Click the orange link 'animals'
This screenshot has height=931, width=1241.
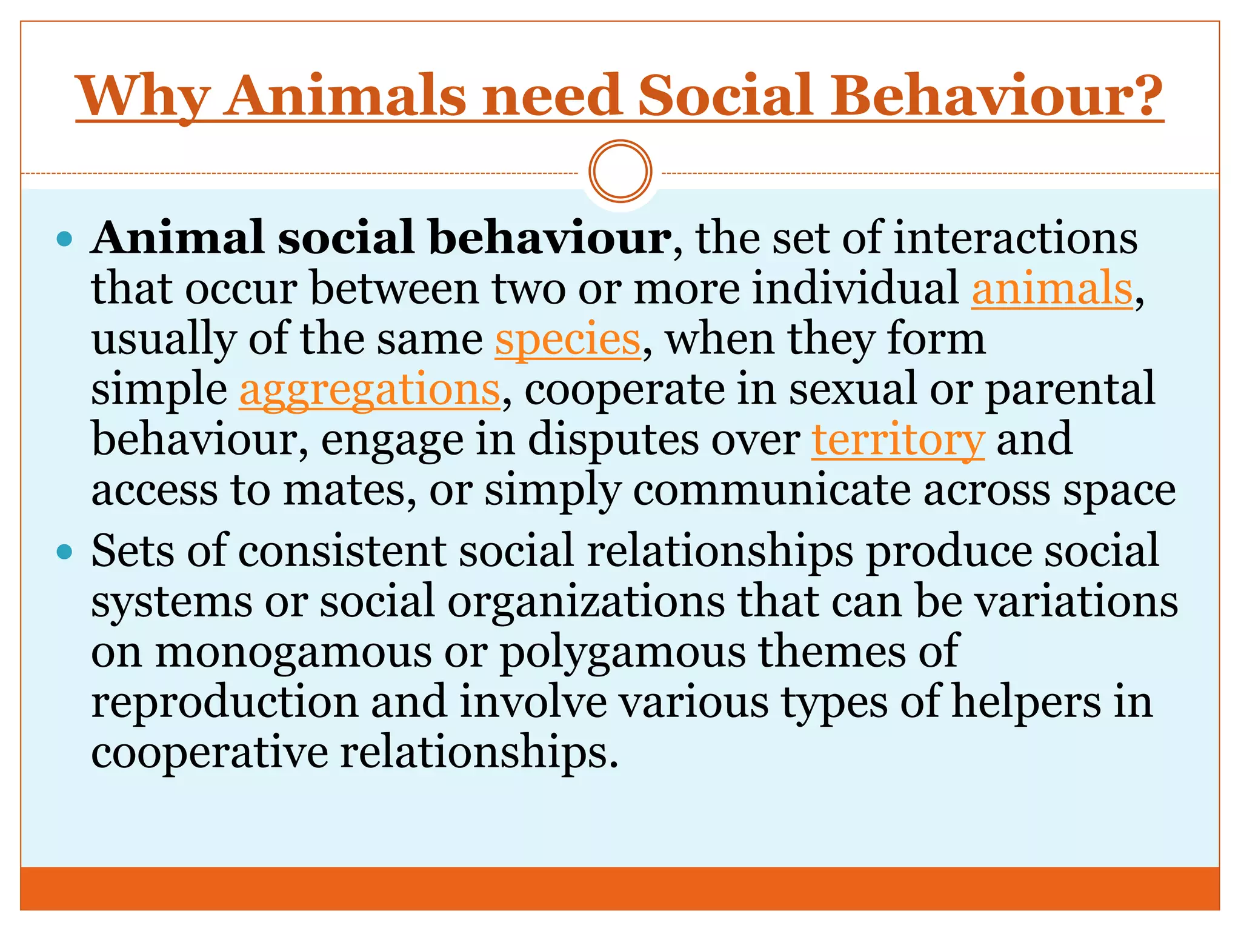click(x=1052, y=289)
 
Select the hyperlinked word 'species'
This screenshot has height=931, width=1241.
click(x=568, y=339)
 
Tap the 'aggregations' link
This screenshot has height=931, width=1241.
click(x=370, y=390)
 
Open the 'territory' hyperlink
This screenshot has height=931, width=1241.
click(x=898, y=440)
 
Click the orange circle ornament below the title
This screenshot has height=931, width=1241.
click(x=620, y=172)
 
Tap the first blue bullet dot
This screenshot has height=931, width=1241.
click(x=64, y=239)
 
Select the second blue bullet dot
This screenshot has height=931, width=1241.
click(x=64, y=552)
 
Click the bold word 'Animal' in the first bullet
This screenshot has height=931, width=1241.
click(x=178, y=238)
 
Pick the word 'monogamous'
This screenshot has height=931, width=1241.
click(x=294, y=652)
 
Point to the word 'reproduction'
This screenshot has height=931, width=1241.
click(x=225, y=702)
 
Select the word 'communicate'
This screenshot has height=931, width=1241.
click(x=771, y=490)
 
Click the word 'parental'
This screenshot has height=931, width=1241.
click(x=1070, y=390)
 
